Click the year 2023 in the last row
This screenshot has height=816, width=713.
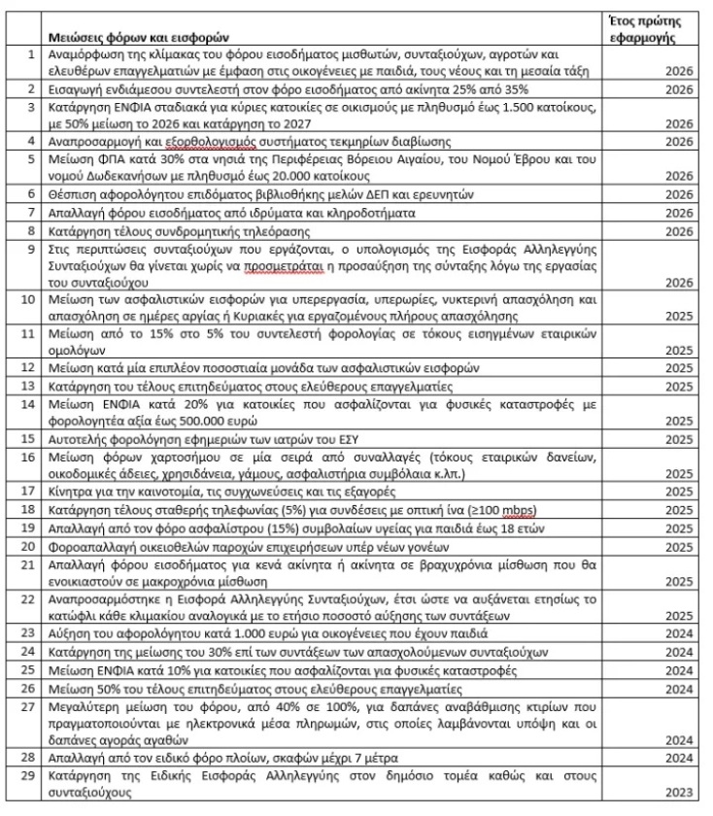tap(679, 794)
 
